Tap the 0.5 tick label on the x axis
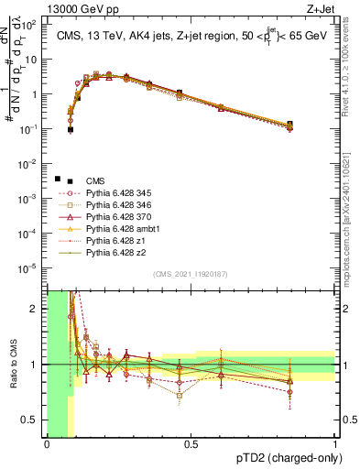point(191,444)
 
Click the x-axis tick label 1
point(334,444)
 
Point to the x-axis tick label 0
point(47,444)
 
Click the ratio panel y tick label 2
point(35,309)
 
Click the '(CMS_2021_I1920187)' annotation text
point(191,274)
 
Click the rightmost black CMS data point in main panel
point(289,125)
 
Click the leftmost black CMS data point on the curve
point(70,129)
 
